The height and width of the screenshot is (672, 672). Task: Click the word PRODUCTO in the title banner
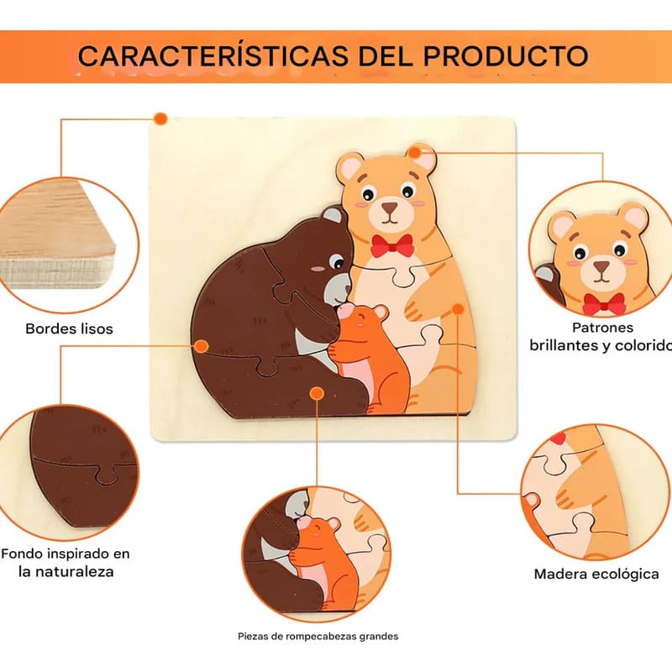click(506, 55)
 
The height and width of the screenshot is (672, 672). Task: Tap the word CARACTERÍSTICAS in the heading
click(213, 55)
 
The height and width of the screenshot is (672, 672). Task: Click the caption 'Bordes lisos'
click(69, 328)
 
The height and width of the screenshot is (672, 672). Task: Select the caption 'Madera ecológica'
click(596, 574)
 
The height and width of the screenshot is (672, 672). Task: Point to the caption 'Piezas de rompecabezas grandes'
click(318, 637)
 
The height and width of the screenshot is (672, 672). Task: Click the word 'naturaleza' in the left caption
click(66, 572)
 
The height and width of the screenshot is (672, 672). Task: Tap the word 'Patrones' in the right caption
click(602, 328)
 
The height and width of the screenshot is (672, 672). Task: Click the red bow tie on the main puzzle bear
click(392, 245)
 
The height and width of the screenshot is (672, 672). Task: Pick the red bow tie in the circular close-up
click(604, 304)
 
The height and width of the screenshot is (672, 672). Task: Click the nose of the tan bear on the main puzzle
click(390, 208)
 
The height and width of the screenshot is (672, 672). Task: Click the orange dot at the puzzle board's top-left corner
click(160, 118)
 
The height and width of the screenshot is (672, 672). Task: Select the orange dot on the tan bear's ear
click(414, 152)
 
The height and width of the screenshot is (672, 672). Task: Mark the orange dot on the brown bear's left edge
click(202, 346)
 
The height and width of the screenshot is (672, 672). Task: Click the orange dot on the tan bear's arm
click(458, 308)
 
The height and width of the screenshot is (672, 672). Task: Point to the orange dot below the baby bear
click(317, 393)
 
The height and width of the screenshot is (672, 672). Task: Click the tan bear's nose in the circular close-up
click(601, 266)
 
